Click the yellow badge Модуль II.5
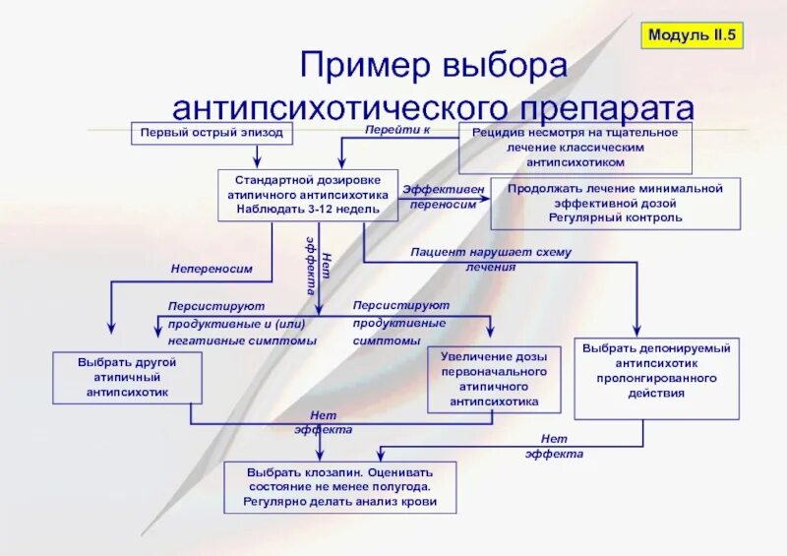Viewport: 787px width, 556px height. pos(693,35)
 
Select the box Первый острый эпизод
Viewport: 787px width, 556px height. pos(211,133)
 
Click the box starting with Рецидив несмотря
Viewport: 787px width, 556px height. pos(575,147)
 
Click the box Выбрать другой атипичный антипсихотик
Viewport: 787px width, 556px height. pos(128,378)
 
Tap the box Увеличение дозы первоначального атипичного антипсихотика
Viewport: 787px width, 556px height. pos(494,379)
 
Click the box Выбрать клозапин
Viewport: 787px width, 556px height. pos(339,487)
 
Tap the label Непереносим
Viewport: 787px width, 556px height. pos(212,268)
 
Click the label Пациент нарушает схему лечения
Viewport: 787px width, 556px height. pos(492,259)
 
